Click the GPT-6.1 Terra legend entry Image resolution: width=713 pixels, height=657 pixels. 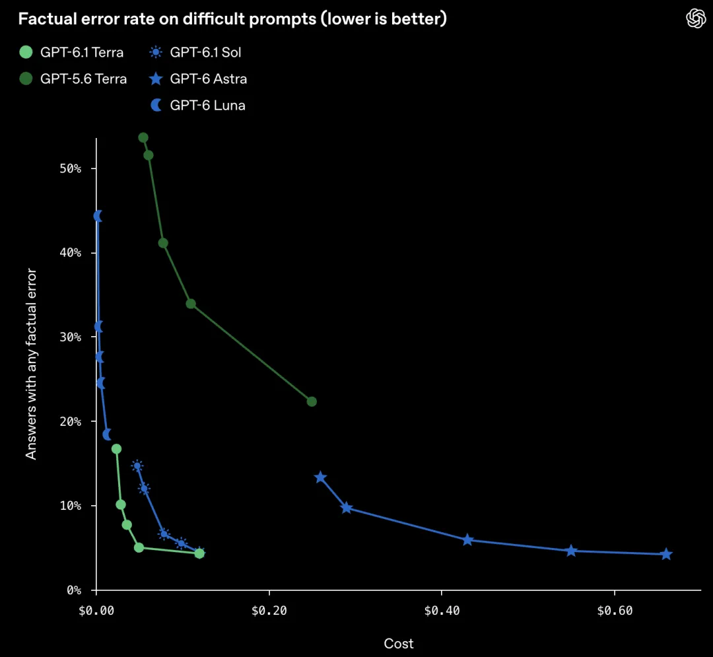pos(71,52)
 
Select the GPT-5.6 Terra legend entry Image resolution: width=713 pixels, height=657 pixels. pos(73,79)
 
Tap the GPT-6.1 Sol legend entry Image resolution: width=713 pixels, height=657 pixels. pos(195,52)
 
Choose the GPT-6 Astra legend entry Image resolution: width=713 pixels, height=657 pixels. pos(198,79)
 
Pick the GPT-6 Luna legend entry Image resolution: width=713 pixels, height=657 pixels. pos(197,105)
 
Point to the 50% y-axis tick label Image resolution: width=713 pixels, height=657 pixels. pos(71,168)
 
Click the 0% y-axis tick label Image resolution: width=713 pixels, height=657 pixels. pos(74,590)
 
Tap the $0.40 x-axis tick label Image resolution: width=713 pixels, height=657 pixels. pos(442,611)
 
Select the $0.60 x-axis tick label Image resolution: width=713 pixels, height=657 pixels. pos(615,611)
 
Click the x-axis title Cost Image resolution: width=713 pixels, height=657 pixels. pos(399,643)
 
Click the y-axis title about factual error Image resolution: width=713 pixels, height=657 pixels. pos(31,364)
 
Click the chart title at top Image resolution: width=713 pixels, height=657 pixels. pos(232,18)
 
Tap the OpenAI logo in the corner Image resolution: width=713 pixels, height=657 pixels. pos(696,18)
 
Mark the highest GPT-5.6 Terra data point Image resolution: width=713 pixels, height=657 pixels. pos(143,138)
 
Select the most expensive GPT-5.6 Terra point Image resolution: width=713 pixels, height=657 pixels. pos(312,401)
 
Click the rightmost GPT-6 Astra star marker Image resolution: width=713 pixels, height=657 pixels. pos(666,554)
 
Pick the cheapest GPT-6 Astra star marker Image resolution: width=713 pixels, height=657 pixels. pos(321,477)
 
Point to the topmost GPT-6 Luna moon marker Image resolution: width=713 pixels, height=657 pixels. pos(97,216)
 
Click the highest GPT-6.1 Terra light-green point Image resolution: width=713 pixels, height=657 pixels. pos(116,449)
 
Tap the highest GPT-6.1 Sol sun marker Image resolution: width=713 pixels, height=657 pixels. pos(137,466)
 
